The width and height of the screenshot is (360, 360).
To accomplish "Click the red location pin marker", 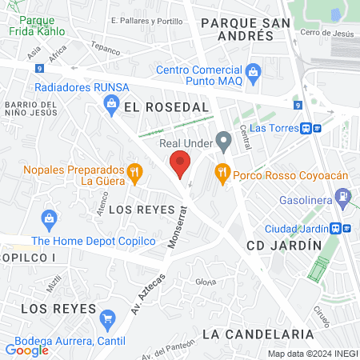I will click(x=180, y=163).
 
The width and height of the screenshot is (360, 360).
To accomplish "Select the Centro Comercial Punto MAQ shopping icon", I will click(x=254, y=73).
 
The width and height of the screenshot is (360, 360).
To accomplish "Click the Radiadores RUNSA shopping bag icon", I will click(x=111, y=102).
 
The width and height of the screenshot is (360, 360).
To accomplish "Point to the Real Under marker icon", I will click(x=225, y=144).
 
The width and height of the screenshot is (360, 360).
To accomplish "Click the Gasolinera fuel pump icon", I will click(x=342, y=194).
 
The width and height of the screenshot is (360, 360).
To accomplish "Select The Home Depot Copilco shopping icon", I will click(x=49, y=218).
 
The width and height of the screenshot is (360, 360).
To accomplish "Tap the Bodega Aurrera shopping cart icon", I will click(x=107, y=319).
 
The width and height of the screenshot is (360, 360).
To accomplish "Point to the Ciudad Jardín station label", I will click(x=297, y=228).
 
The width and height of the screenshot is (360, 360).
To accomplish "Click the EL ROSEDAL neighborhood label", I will click(x=166, y=106).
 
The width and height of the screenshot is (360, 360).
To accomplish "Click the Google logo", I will click(x=27, y=350).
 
